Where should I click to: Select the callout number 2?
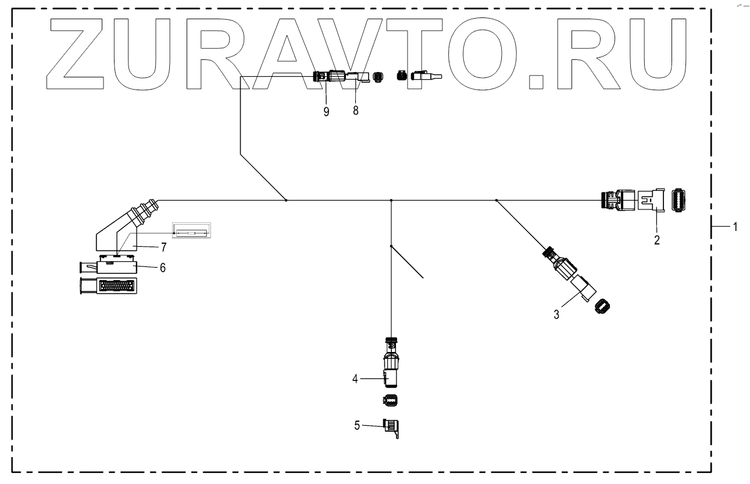tap(657, 240)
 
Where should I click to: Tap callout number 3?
tap(556, 315)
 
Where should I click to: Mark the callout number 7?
tap(163, 248)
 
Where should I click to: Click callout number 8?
tap(355, 111)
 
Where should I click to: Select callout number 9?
tap(326, 111)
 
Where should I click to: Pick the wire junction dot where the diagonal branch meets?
tap(286, 201)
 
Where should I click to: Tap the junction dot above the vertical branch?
tap(391, 201)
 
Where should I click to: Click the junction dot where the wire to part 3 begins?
tap(496, 201)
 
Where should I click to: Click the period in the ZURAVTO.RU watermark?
tap(537, 81)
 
